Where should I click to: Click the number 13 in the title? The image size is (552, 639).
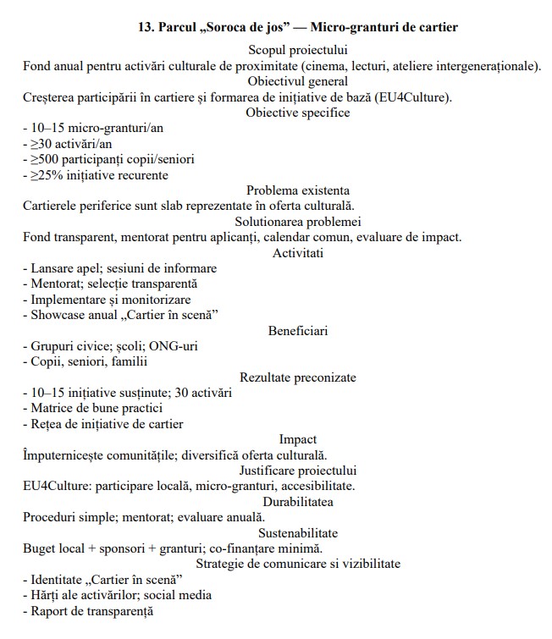pyautogui.click(x=145, y=27)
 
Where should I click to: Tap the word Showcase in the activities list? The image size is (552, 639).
pyautogui.click(x=56, y=315)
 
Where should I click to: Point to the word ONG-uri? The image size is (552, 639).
pyautogui.click(x=185, y=346)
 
